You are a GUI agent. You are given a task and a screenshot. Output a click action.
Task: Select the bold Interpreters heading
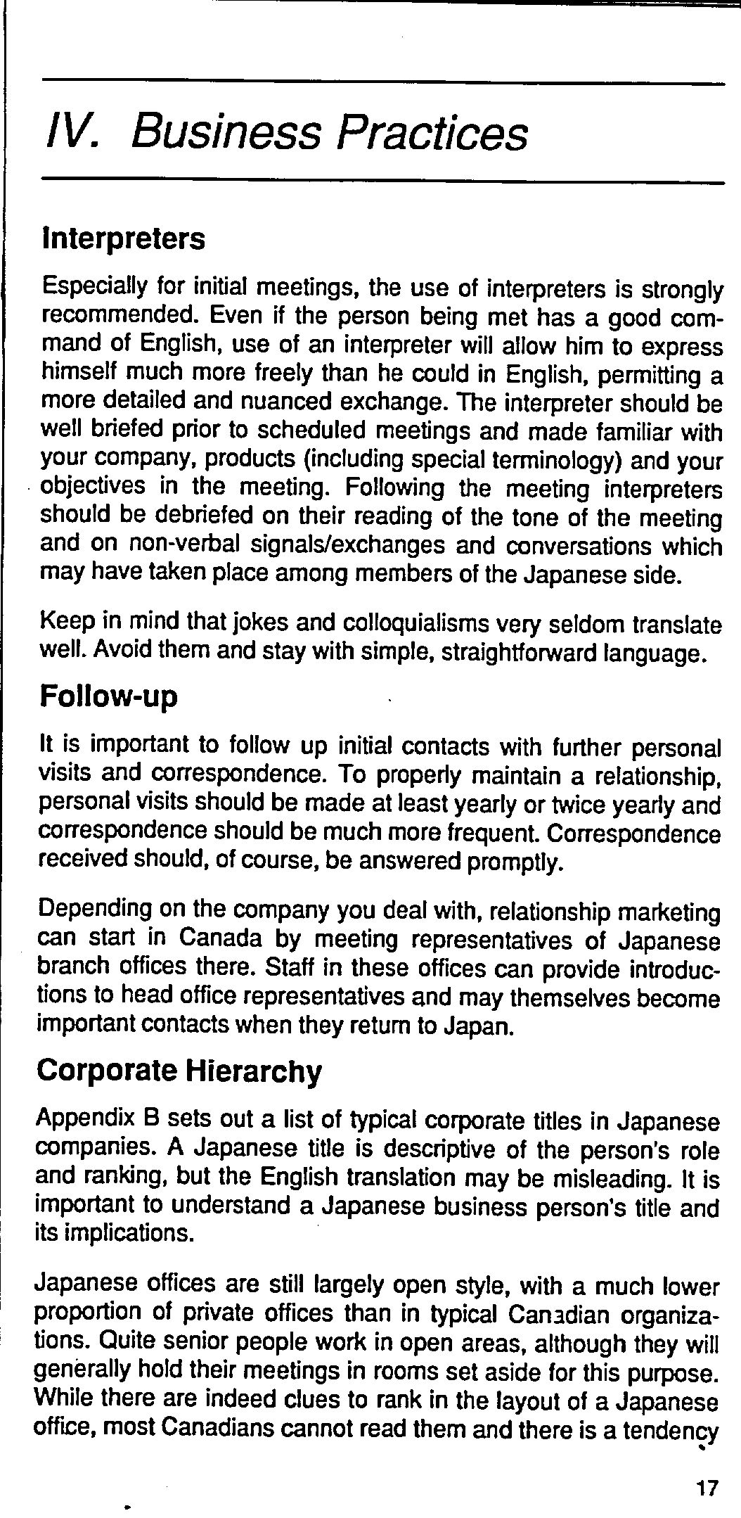(x=124, y=238)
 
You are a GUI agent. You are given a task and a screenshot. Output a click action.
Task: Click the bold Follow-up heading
(x=109, y=696)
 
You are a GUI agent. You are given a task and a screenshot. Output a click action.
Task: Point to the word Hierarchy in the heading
(x=254, y=1071)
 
